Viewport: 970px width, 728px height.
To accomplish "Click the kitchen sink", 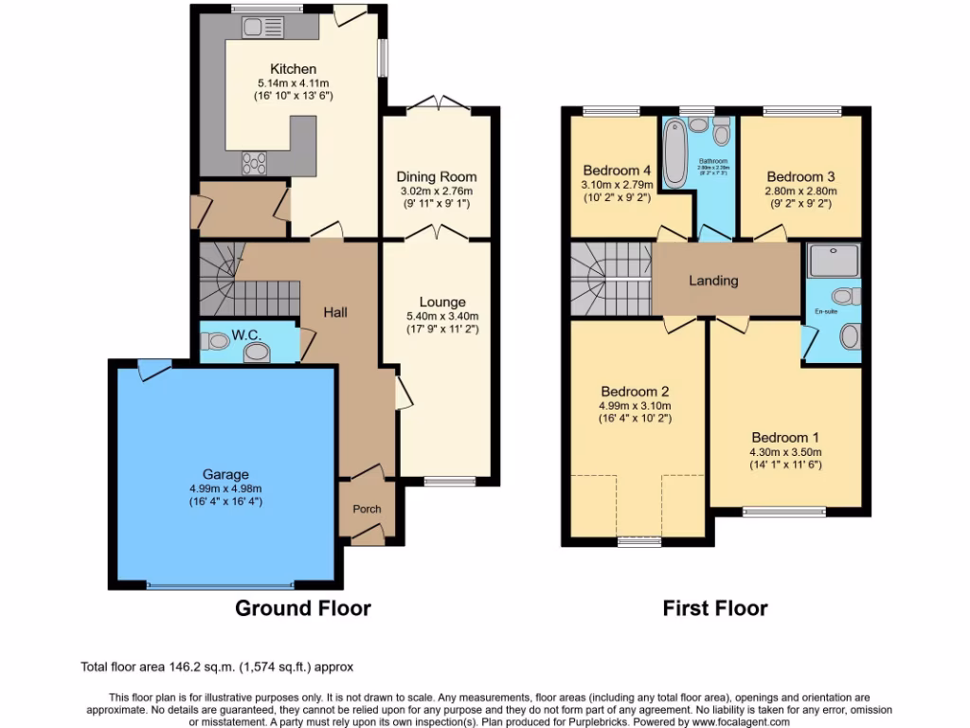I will click(258, 28).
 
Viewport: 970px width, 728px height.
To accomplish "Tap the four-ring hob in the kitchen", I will click(255, 163).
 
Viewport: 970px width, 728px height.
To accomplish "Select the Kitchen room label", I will click(293, 69).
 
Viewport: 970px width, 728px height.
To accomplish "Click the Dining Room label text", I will click(436, 177).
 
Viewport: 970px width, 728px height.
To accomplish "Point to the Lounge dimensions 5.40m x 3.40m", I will click(436, 317).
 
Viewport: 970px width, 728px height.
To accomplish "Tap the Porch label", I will click(367, 509).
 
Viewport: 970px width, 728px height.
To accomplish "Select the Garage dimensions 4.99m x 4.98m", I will click(225, 488).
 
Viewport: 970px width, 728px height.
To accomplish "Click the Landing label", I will click(713, 281).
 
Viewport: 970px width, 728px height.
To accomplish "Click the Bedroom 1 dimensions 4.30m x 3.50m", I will click(785, 451).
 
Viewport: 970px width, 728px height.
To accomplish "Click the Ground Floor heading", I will click(302, 609).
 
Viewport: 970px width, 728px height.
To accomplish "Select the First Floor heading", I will click(714, 609).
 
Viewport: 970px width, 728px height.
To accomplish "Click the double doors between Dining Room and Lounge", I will click(436, 233).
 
